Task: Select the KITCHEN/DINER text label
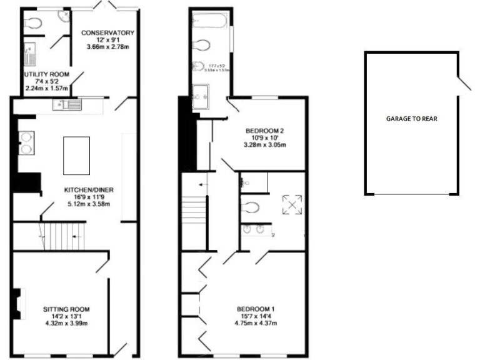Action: point(87,190)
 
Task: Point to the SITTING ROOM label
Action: point(66,309)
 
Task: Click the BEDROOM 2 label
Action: point(264,131)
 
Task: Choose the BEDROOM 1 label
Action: point(256,309)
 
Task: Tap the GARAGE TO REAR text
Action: point(411,117)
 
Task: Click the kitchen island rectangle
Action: point(76,157)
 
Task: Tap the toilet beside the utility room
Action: point(34,22)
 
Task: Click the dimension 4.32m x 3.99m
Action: point(66,324)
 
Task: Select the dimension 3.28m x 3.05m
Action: point(264,146)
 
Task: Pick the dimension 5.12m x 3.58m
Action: point(87,205)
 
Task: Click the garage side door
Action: point(463,84)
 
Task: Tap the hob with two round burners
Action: point(26,142)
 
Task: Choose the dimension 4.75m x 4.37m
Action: point(256,324)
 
